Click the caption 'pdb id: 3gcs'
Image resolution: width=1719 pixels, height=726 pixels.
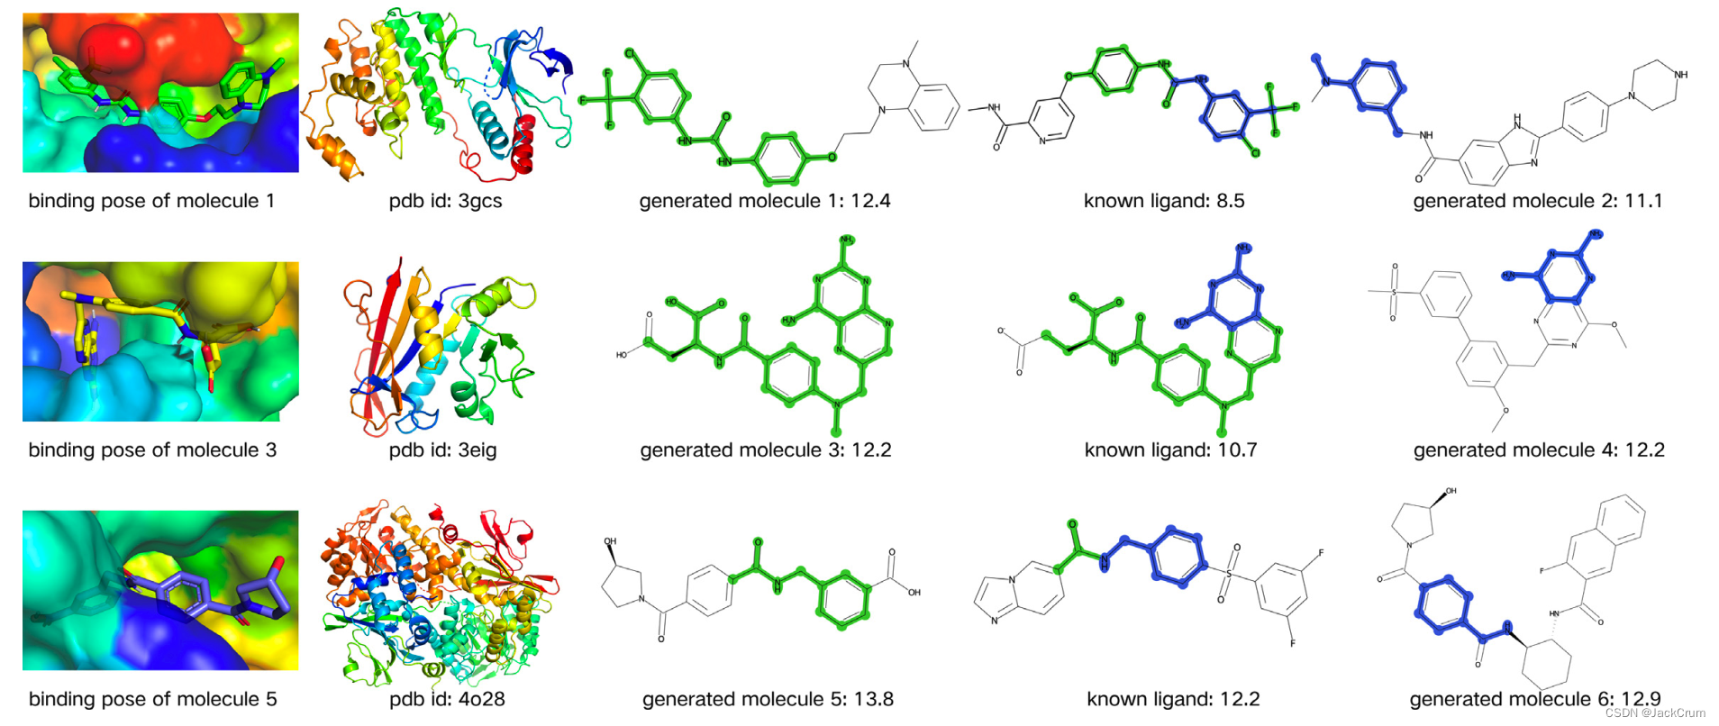coord(445,201)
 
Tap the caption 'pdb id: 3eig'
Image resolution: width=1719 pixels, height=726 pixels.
coord(442,449)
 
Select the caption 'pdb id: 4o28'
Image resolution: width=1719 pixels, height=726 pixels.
coord(447,699)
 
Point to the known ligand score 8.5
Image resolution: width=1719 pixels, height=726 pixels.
coord(1230,201)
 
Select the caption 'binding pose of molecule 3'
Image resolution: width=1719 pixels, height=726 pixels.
coord(152,449)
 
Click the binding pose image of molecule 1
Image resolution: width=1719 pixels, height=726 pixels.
coord(160,93)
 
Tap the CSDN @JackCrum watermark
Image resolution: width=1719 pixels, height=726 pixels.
coord(1655,712)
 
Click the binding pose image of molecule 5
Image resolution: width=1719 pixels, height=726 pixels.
coord(160,591)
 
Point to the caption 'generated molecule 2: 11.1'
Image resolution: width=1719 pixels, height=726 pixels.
coord(1537,201)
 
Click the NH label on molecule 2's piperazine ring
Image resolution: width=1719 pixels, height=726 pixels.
coord(1680,75)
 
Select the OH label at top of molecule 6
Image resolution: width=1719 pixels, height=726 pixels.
coord(1450,492)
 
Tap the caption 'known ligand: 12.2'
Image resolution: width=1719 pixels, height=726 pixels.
coord(1173,699)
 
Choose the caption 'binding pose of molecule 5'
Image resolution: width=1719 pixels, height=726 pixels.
coord(152,699)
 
